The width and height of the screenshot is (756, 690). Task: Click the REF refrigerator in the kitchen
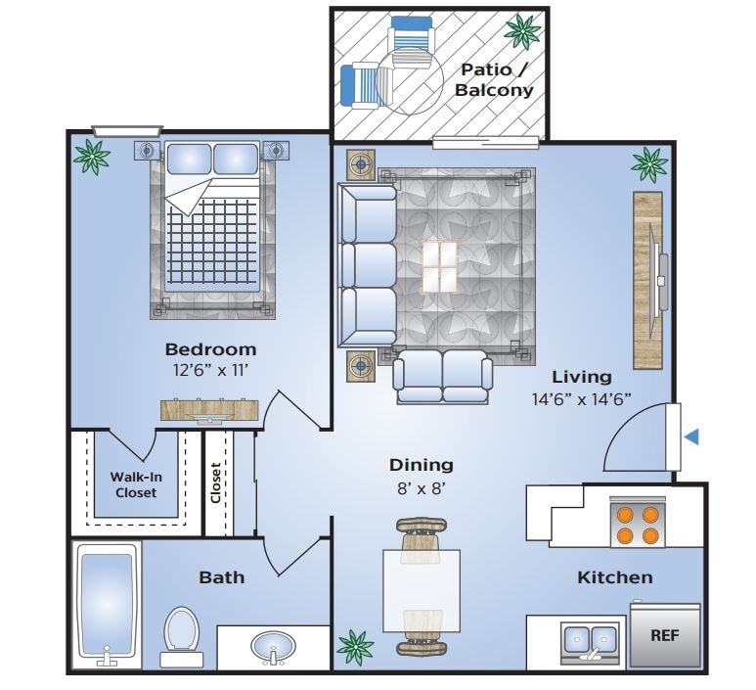pos(665,634)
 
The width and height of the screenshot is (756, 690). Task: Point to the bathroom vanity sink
pos(271,647)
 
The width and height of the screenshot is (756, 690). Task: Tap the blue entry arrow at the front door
pos(692,437)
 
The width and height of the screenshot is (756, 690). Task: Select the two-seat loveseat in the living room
pos(443,376)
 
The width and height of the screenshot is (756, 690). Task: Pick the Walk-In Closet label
pos(135,484)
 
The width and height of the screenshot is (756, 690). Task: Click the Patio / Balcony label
pos(495,79)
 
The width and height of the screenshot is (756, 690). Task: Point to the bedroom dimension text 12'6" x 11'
pos(210,371)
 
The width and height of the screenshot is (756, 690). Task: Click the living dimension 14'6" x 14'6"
pos(581,398)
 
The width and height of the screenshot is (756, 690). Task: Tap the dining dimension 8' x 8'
pos(421,488)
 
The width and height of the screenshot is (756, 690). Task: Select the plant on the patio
pos(522,31)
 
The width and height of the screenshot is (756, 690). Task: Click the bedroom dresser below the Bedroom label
pos(211,411)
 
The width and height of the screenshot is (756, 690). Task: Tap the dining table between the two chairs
pos(421,587)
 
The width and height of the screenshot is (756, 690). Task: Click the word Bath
pos(221,577)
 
